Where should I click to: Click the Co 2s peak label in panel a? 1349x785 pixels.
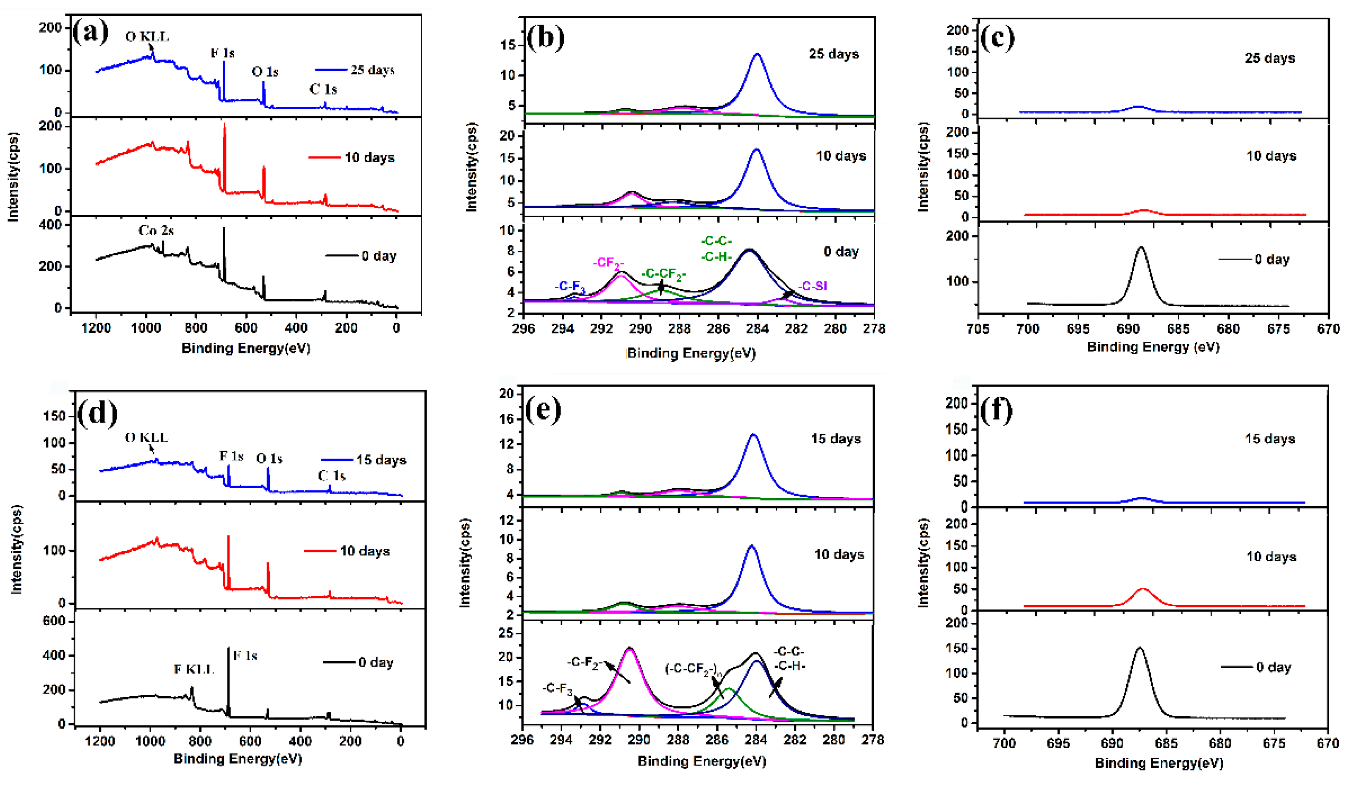click(156, 230)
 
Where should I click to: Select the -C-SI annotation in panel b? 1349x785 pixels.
click(813, 286)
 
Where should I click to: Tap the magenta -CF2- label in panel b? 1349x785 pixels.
click(608, 263)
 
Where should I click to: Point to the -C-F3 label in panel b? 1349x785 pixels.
click(570, 286)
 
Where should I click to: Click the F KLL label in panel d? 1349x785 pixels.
click(193, 669)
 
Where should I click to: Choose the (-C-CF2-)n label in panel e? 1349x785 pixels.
click(694, 668)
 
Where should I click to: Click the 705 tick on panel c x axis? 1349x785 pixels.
click(978, 329)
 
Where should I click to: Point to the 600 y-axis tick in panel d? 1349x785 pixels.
click(54, 621)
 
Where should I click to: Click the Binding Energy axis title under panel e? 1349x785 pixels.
click(701, 761)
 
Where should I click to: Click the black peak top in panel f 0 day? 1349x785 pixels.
click(1139, 648)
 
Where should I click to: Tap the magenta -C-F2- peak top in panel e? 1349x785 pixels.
click(630, 649)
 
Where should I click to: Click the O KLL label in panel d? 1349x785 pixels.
click(146, 438)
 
